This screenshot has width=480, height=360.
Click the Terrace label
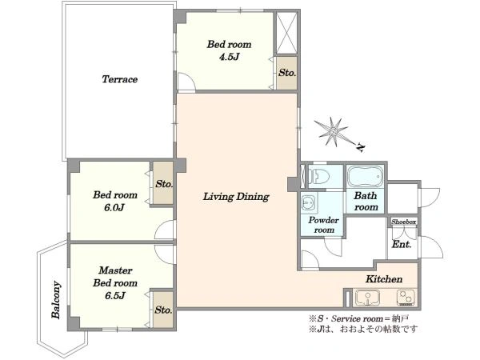pyautogui.click(x=119, y=79)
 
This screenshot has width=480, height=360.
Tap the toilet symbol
pyautogui.click(x=319, y=177)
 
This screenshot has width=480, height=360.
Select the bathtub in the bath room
pyautogui.click(x=366, y=176)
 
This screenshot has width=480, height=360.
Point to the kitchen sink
pyautogui.click(x=367, y=298)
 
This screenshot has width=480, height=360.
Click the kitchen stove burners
pyautogui.click(x=406, y=298)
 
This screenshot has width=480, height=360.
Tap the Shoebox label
pyautogui.click(x=403, y=222)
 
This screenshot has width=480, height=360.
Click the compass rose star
pyautogui.click(x=331, y=132)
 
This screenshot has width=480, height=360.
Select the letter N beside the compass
pyautogui.click(x=361, y=148)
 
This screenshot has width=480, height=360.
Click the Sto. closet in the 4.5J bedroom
pyautogui.click(x=287, y=73)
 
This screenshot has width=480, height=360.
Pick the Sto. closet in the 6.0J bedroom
pyautogui.click(x=163, y=183)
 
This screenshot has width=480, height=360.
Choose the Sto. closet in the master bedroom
pyautogui.click(x=163, y=310)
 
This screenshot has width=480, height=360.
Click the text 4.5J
pyautogui.click(x=229, y=57)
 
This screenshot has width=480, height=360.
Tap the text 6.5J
pyautogui.click(x=114, y=296)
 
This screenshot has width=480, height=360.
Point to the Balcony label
pyautogui.click(x=56, y=300)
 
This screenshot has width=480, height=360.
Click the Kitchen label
pyautogui.click(x=384, y=279)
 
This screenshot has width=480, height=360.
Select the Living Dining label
pyautogui.click(x=236, y=197)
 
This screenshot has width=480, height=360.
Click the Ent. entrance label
pyautogui.click(x=402, y=244)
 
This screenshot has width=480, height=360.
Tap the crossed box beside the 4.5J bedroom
pyautogui.click(x=287, y=33)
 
